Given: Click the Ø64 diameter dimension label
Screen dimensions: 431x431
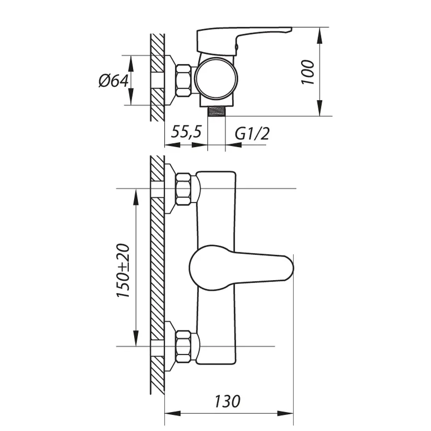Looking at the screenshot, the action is [x=113, y=80].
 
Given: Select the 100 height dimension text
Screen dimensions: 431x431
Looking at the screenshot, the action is [x=307, y=72].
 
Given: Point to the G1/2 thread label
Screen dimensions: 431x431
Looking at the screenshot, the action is [x=252, y=134].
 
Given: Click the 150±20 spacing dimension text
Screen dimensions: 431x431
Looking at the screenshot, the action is [x=123, y=271].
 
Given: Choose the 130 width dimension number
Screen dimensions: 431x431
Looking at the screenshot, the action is [x=227, y=401].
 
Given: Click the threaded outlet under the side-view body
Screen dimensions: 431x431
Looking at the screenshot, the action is [x=216, y=111].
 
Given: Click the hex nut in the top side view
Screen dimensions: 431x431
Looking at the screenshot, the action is [x=183, y=80].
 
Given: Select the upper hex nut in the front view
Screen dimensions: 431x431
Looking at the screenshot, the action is [x=183, y=189].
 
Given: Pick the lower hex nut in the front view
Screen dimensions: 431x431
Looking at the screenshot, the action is [x=183, y=347].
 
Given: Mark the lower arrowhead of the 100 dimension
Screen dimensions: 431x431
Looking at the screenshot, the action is [x=320, y=108].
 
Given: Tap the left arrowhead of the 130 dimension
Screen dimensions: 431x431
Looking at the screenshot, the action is [x=172, y=413].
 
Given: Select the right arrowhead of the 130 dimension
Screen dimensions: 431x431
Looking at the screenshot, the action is [x=285, y=413].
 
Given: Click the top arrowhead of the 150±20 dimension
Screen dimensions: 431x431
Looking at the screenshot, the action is [x=136, y=197].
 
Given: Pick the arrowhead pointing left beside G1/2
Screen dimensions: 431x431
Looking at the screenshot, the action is [x=233, y=145].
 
